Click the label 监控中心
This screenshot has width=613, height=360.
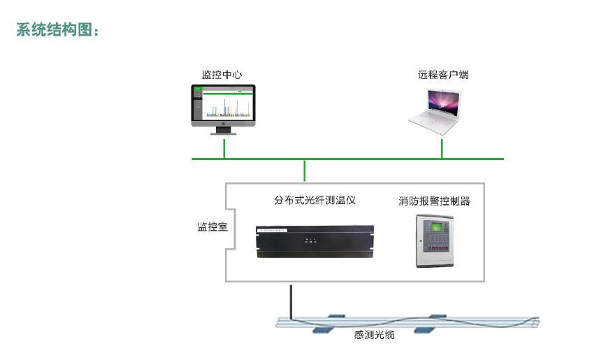pos(222,75)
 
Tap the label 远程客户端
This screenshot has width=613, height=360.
pos(443,75)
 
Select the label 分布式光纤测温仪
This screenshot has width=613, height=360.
pos(315,200)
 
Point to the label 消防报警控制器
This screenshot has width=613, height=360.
pos(434,201)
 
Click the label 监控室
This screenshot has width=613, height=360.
pos(212,227)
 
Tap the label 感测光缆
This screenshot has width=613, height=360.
pos(374,336)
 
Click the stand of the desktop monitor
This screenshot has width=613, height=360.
pos(224,131)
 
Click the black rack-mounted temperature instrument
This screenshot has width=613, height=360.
pos(315,240)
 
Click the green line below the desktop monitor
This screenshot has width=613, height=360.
pos(224,148)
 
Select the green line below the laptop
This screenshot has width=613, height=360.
pos(442,148)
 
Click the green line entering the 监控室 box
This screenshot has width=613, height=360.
pos(305,171)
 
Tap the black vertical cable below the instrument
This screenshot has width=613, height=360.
pos(289,301)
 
